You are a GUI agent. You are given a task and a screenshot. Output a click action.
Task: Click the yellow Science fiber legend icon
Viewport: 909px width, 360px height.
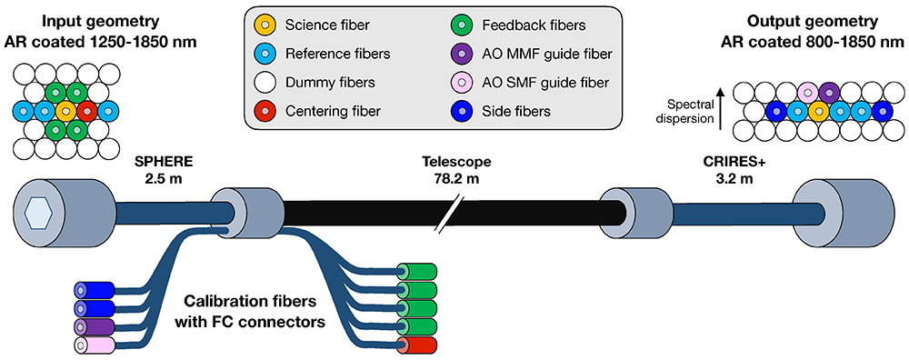pyautogui.click(x=265, y=26)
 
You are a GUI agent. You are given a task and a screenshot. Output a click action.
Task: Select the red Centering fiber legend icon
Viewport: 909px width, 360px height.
pyautogui.click(x=265, y=111)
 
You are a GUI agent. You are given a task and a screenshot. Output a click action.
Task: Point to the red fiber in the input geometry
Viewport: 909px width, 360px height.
pyautogui.click(x=87, y=111)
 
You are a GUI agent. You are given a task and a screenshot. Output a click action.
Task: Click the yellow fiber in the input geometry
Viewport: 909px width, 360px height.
pyautogui.click(x=66, y=111)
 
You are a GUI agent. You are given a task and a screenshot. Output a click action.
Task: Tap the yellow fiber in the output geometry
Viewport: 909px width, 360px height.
pyautogui.click(x=819, y=111)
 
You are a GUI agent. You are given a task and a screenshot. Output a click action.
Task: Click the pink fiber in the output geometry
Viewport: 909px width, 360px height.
pyautogui.click(x=808, y=93)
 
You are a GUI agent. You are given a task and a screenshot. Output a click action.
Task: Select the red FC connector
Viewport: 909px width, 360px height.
pyautogui.click(x=415, y=345)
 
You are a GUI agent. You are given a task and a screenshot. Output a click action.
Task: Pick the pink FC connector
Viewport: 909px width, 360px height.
pyautogui.click(x=94, y=345)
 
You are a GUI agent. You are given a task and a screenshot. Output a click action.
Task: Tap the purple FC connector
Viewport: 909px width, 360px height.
pyautogui.click(x=94, y=326)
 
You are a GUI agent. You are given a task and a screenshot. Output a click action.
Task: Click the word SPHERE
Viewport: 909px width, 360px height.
pyautogui.click(x=163, y=162)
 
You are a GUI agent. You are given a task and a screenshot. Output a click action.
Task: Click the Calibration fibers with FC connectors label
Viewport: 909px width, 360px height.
pyautogui.click(x=254, y=310)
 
